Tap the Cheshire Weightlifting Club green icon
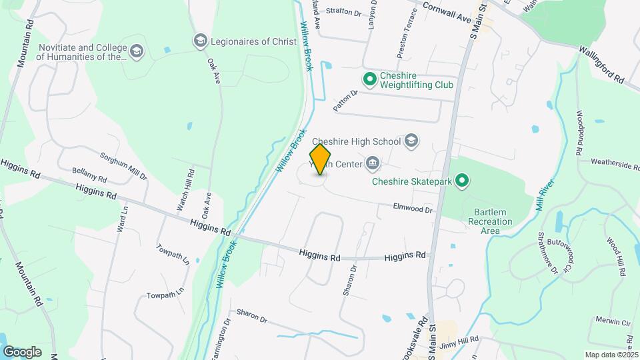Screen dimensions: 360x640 (x=369, y=80)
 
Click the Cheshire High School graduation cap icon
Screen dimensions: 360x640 (x=412, y=141)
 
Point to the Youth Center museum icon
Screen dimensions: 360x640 (x=373, y=163)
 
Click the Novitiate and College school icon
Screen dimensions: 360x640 (x=137, y=52)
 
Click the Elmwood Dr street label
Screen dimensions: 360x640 (x=413, y=209)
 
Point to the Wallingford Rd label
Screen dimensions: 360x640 (x=601, y=64)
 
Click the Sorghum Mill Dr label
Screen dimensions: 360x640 (x=123, y=167)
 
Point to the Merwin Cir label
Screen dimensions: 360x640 (x=613, y=321)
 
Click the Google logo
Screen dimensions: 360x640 (x=22, y=351)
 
